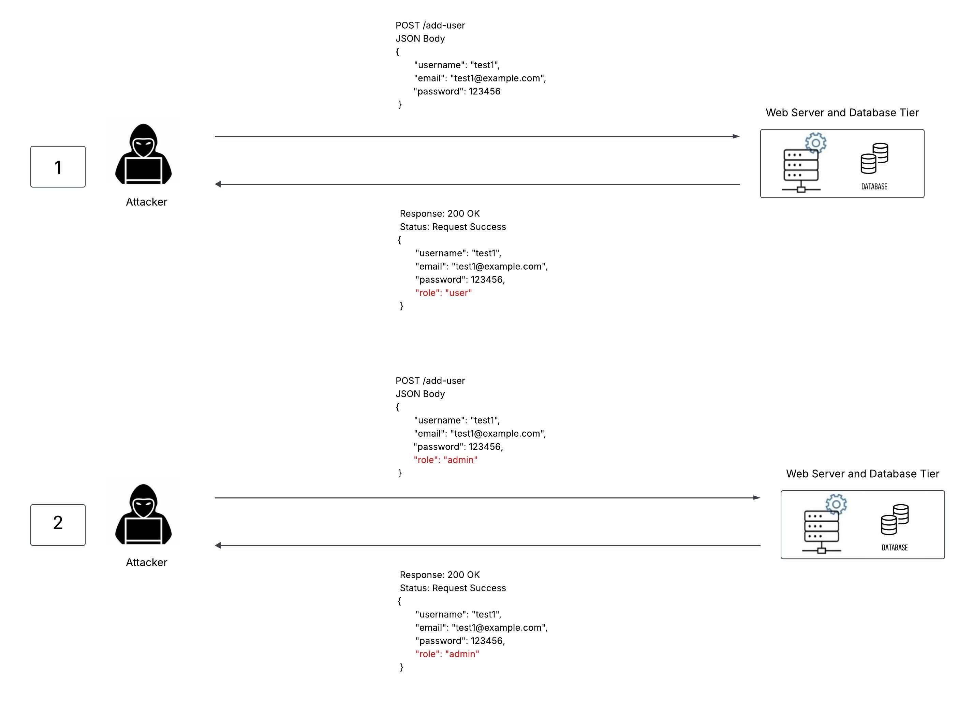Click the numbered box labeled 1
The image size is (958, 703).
point(58,167)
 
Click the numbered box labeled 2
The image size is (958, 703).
point(58,525)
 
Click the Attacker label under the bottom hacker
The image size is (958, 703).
point(146,562)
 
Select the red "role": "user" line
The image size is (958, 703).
point(443,293)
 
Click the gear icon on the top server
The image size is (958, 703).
point(815,143)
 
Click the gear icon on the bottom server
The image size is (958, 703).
point(836,504)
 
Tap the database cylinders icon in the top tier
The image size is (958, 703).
point(874,158)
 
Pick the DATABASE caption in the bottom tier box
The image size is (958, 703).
point(894,548)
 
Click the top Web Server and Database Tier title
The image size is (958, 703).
point(842,113)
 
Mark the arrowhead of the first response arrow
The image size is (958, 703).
point(218,184)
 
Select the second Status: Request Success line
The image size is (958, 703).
point(453,588)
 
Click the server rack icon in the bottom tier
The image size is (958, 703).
point(821,532)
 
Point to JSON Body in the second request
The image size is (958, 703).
point(420,394)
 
